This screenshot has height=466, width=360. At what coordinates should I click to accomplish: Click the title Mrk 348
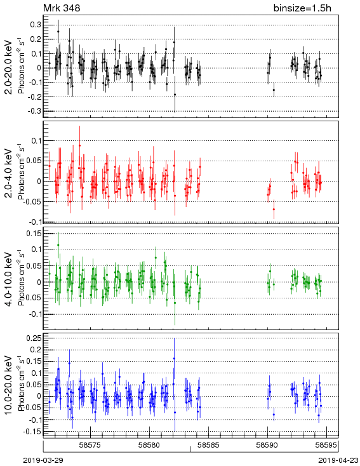click(62, 8)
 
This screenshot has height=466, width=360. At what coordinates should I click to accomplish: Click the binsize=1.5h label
click(302, 8)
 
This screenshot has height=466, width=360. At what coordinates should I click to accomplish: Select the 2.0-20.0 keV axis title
click(10, 67)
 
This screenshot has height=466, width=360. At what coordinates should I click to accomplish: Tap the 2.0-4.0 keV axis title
click(10, 173)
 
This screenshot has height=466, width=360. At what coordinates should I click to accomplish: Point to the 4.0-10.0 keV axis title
click(10, 279)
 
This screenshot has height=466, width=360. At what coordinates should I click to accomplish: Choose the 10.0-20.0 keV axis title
click(10, 385)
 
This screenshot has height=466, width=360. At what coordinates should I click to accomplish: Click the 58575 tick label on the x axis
click(91, 445)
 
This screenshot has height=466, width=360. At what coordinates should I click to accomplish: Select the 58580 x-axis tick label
click(150, 445)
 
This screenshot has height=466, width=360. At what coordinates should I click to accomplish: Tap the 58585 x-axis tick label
click(208, 445)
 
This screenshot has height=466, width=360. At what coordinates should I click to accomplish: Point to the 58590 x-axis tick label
click(267, 445)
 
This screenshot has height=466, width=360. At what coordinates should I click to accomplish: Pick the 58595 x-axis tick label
click(326, 445)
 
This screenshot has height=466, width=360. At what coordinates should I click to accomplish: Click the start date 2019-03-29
click(43, 460)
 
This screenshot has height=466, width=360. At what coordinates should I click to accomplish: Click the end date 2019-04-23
click(338, 460)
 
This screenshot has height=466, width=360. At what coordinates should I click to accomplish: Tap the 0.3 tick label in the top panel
click(36, 25)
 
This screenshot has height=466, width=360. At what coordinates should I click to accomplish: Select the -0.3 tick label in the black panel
click(34, 111)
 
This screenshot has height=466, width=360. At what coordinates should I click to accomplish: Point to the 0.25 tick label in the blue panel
click(34, 338)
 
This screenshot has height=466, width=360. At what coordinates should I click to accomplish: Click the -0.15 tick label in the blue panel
click(32, 431)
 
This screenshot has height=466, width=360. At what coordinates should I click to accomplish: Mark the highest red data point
click(79, 145)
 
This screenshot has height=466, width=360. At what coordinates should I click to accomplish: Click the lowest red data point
click(274, 210)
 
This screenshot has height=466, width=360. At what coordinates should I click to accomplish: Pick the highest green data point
click(58, 245)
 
